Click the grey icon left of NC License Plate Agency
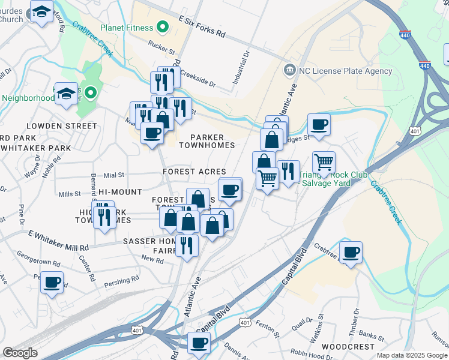290,70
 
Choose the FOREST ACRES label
194,172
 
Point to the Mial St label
113,175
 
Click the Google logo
20,352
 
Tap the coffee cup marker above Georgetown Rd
52,281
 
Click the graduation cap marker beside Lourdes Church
41,11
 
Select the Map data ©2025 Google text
412,356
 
